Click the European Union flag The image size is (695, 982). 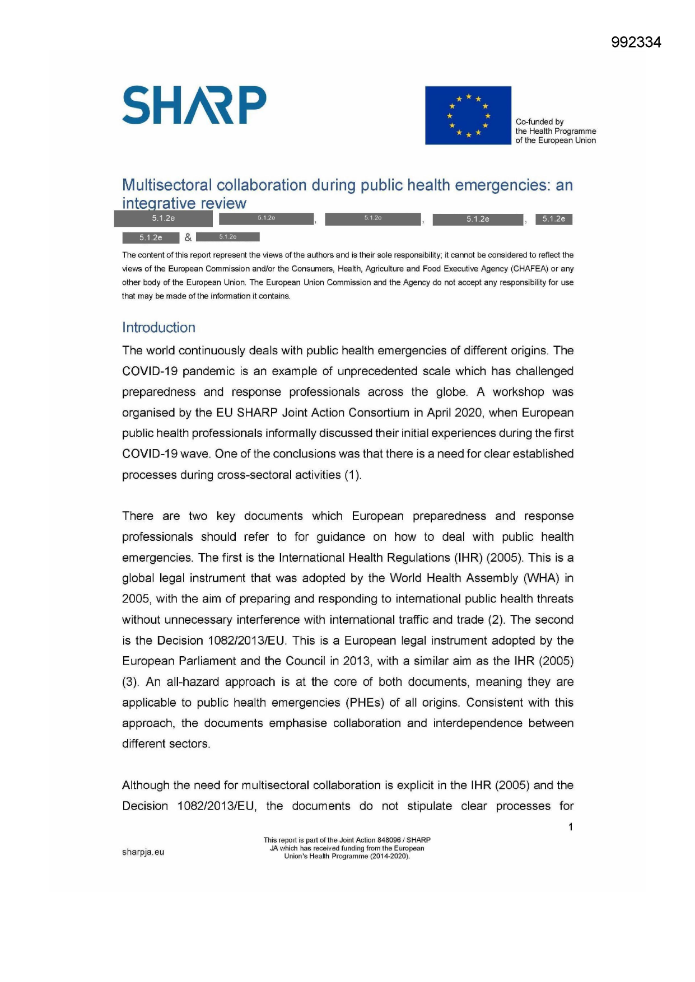pyautogui.click(x=468, y=115)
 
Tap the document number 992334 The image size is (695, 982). pyautogui.click(x=636, y=43)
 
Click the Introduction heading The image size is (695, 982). pyautogui.click(x=158, y=328)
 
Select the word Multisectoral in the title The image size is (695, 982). pyautogui.click(x=167, y=185)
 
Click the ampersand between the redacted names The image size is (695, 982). pyautogui.click(x=188, y=237)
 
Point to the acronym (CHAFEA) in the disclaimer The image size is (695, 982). pyautogui.click(x=529, y=269)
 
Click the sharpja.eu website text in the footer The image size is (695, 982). pyautogui.click(x=143, y=852)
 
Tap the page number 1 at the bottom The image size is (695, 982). pyautogui.click(x=570, y=827)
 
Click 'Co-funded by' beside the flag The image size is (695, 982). pyautogui.click(x=539, y=121)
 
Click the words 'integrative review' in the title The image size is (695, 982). pyautogui.click(x=184, y=203)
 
